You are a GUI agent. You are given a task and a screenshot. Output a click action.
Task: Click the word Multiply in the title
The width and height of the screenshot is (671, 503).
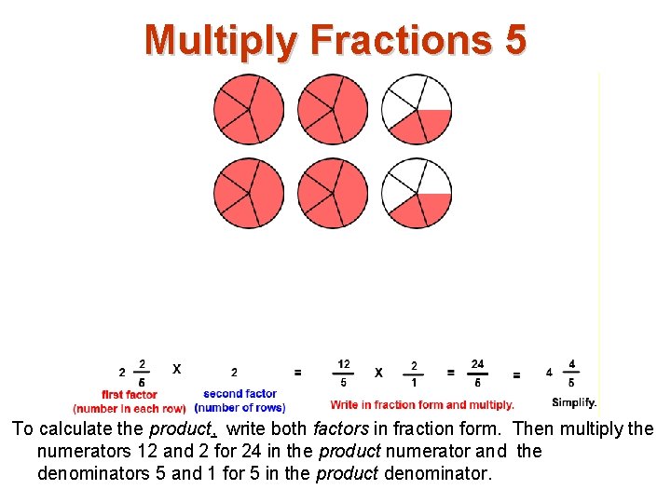[x=220, y=40]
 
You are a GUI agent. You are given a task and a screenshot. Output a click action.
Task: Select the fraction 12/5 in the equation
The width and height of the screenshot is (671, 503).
[x=343, y=373]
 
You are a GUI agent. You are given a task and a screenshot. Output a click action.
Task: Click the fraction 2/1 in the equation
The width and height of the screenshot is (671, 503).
[x=414, y=373]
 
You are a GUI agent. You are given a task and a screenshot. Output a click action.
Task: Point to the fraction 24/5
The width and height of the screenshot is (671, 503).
[x=477, y=373]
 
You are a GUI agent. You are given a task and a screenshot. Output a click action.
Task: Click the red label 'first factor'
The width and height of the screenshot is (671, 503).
[x=129, y=395]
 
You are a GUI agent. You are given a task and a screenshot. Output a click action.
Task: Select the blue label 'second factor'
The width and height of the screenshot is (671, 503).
[x=240, y=394]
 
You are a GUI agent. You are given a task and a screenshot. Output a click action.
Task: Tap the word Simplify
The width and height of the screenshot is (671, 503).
[x=574, y=402]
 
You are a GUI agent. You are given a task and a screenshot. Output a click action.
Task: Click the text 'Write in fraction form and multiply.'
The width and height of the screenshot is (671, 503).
[x=421, y=404]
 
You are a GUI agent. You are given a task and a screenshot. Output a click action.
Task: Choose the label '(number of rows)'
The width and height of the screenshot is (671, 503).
[x=240, y=408]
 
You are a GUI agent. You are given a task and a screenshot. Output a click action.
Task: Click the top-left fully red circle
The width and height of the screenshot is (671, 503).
[x=249, y=109]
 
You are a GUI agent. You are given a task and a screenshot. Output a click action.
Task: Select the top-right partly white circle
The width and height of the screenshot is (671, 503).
[x=417, y=109]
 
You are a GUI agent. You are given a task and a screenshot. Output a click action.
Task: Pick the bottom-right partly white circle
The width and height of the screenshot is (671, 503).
[x=417, y=193]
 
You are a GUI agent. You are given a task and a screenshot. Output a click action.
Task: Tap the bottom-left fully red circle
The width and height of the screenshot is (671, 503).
[x=249, y=193]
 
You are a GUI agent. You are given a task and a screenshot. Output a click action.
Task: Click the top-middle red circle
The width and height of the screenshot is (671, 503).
[x=333, y=109]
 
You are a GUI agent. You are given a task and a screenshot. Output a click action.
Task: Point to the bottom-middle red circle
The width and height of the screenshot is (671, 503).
[x=333, y=193]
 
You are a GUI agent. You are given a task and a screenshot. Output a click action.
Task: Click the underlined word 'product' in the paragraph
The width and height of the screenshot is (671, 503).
[x=183, y=429]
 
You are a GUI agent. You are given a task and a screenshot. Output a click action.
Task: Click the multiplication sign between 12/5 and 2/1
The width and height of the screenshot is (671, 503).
[x=378, y=373]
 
